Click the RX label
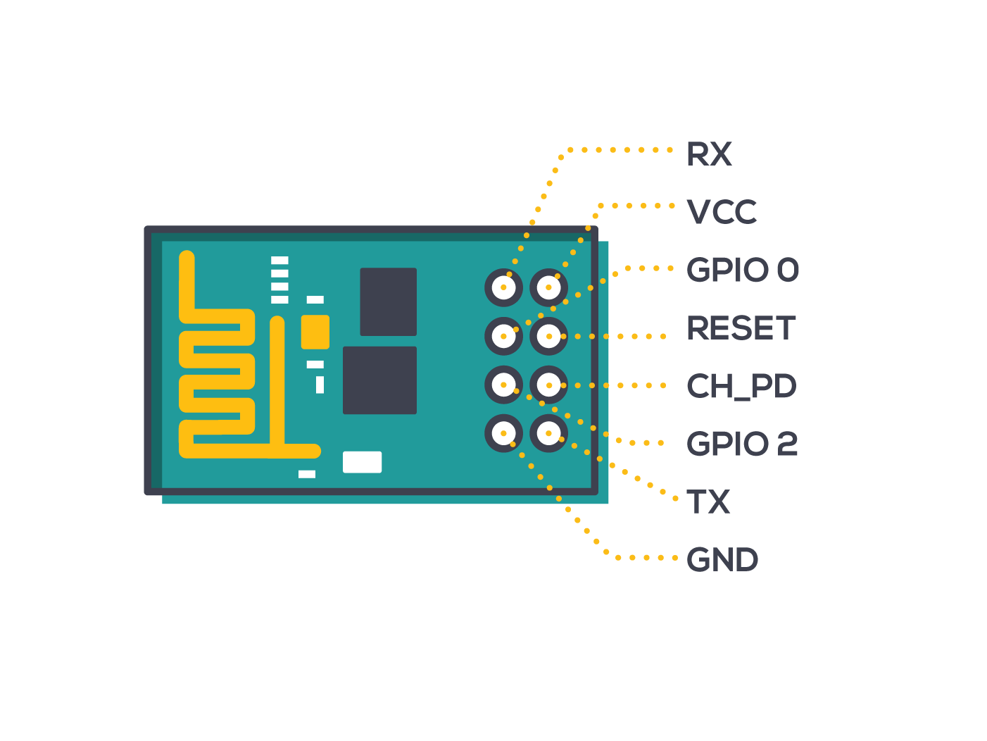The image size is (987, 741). [709, 154]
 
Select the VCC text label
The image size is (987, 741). [722, 211]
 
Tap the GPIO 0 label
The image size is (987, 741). [743, 270]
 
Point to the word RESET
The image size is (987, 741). [741, 328]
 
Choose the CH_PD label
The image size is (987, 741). [741, 387]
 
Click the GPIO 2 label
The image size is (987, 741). [742, 444]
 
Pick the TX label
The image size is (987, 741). [708, 502]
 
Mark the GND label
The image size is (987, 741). [722, 559]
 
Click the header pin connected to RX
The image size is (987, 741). [503, 287]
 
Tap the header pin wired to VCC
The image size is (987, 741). [548, 287]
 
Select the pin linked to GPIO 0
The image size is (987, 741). [503, 336]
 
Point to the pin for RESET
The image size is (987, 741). [548, 336]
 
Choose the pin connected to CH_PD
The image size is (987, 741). [548, 385]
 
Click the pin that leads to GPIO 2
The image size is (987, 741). [503, 385]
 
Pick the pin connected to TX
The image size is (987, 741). [548, 433]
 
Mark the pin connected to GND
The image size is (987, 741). [503, 433]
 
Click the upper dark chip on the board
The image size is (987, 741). [388, 301]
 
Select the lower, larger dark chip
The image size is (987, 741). [379, 380]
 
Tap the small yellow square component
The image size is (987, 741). [315, 332]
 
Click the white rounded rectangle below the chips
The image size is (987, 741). [362, 462]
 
